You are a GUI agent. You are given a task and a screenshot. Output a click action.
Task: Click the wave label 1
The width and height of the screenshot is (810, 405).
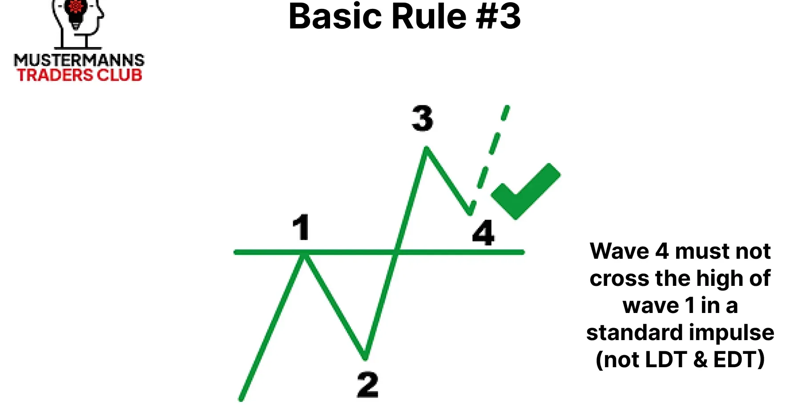pyautogui.click(x=301, y=227)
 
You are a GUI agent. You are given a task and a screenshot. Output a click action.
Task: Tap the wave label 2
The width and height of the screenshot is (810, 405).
pyautogui.click(x=367, y=385)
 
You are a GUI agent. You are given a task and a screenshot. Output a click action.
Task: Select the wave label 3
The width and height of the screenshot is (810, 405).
pyautogui.click(x=422, y=118)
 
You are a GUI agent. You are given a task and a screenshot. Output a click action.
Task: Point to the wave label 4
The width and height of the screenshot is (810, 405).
pyautogui.click(x=483, y=233)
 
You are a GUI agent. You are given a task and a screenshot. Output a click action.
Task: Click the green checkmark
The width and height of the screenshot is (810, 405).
pyautogui.click(x=525, y=191)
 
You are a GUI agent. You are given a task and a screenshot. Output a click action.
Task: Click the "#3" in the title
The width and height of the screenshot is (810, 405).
pyautogui.click(x=498, y=17)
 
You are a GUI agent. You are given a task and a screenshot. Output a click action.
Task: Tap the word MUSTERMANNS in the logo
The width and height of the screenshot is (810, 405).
pyautogui.click(x=79, y=60)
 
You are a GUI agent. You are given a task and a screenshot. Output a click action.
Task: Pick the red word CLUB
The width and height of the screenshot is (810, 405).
pyautogui.click(x=120, y=75)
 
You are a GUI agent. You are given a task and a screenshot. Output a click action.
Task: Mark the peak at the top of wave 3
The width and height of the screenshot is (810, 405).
pyautogui.click(x=426, y=148)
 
